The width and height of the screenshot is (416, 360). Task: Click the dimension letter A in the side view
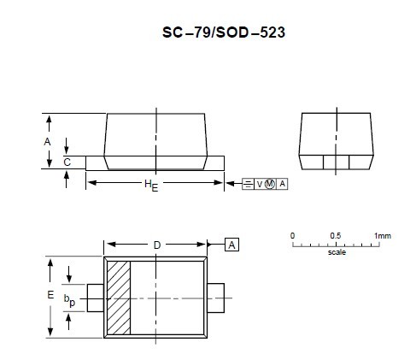[48, 141]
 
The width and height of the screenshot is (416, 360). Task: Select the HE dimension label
[151, 185]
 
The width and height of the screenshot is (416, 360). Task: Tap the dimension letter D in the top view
[157, 245]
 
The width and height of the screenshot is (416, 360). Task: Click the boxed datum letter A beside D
[231, 245]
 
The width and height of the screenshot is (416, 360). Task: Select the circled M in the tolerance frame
[270, 184]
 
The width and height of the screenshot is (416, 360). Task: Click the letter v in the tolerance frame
[260, 184]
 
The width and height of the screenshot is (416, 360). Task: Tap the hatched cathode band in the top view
[118, 295]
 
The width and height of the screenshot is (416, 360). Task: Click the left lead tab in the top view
[95, 295]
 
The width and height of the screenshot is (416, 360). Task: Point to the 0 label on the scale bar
[292, 235]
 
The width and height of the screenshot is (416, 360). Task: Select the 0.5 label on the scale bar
[336, 235]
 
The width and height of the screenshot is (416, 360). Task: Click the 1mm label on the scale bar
[382, 235]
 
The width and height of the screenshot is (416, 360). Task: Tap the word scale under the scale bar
[337, 254]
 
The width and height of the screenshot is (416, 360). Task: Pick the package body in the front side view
[156, 137]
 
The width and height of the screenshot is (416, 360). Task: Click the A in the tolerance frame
[283, 184]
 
